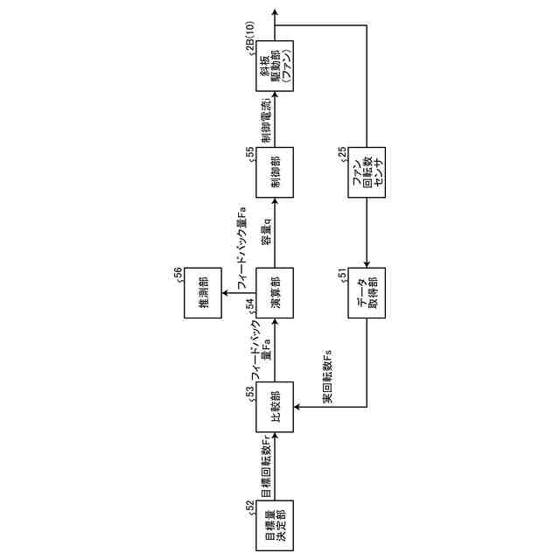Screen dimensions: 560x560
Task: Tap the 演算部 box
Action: tap(275, 290)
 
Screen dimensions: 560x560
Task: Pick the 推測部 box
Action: tap(200, 290)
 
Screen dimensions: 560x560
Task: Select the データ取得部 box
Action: tap(366, 290)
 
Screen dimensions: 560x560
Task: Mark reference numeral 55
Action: tap(250, 154)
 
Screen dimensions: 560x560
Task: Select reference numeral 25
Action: tap(342, 154)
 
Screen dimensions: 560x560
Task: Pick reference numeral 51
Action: tap(342, 275)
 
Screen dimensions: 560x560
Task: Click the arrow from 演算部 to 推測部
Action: tap(236, 290)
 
